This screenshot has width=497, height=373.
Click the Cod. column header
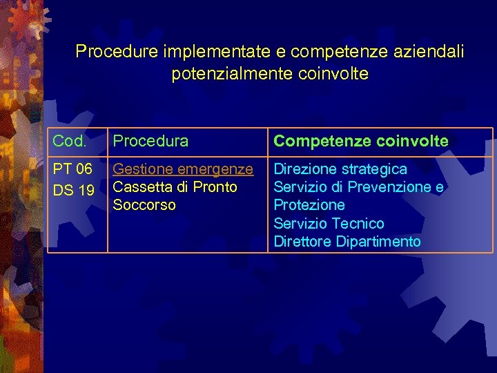(x=70, y=141)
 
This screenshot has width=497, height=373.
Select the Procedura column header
(x=150, y=141)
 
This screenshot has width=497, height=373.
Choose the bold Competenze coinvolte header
(x=361, y=141)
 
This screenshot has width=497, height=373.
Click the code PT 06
(x=73, y=169)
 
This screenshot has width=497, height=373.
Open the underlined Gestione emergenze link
(x=183, y=169)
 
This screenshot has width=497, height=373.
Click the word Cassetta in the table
(x=140, y=187)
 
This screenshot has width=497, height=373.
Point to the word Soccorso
(x=144, y=205)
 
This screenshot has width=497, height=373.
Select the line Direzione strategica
(x=340, y=169)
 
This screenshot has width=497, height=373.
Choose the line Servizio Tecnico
(x=329, y=223)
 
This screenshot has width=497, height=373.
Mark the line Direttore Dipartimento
(x=347, y=241)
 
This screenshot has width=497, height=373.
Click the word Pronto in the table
(x=215, y=187)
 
